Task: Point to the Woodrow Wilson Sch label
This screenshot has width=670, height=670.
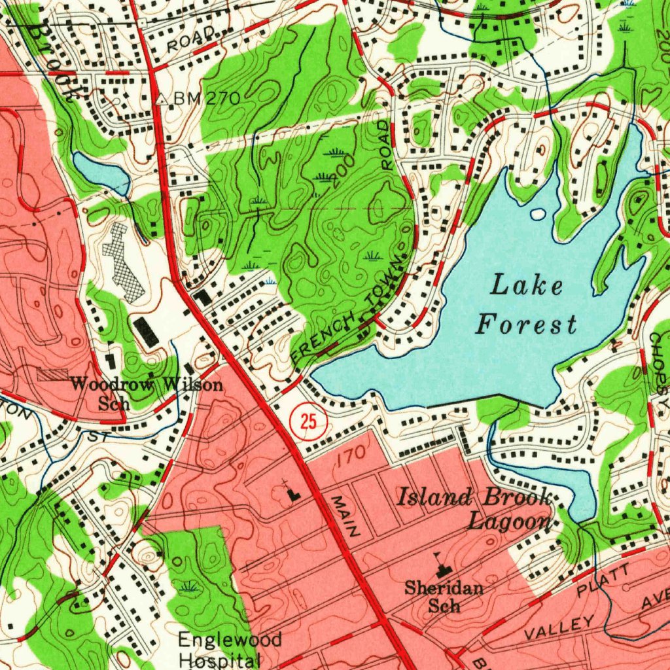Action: (147, 393)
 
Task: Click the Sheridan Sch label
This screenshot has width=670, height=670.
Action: (444, 595)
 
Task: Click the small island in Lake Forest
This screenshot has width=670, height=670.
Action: (538, 213)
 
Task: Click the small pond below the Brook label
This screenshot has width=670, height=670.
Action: (101, 171)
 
